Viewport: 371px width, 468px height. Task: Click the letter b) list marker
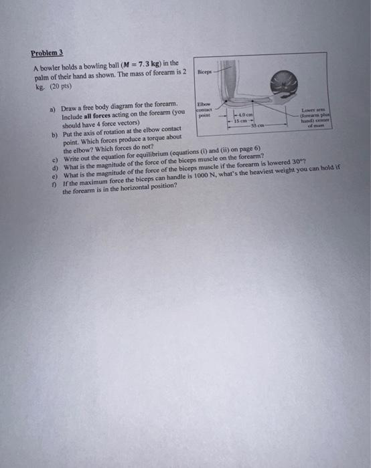click(x=54, y=134)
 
